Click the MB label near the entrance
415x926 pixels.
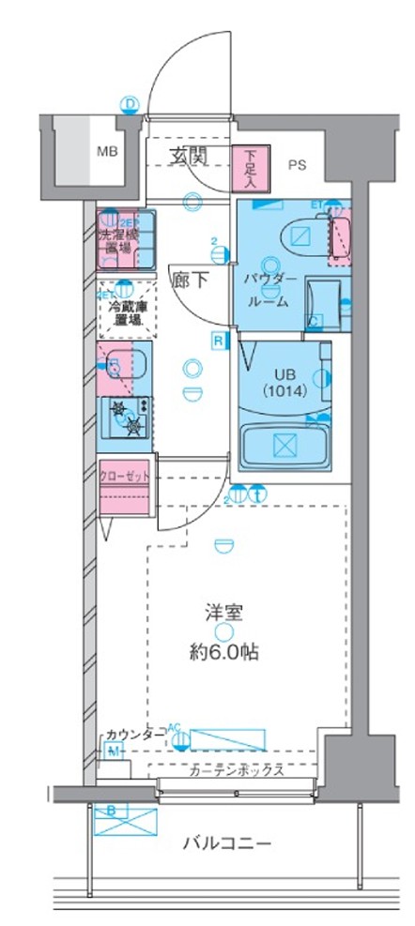(x=111, y=149)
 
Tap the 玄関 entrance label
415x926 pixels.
(x=189, y=157)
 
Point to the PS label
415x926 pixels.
(x=297, y=166)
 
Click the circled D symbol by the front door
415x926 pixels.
(x=131, y=103)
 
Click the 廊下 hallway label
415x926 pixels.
(x=188, y=279)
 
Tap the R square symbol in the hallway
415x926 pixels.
(x=218, y=340)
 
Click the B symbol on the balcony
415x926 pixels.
(x=111, y=810)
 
